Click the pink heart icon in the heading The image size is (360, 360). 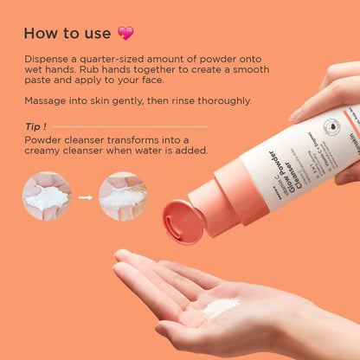pyautogui.click(x=125, y=33)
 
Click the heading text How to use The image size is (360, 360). pyautogui.click(x=67, y=33)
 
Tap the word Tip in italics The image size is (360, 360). pyautogui.click(x=35, y=125)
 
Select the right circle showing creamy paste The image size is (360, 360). pyautogui.click(x=121, y=197)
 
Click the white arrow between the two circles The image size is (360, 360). pyautogui.click(x=84, y=197)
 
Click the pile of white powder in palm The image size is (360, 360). pyautogui.click(x=222, y=305)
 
